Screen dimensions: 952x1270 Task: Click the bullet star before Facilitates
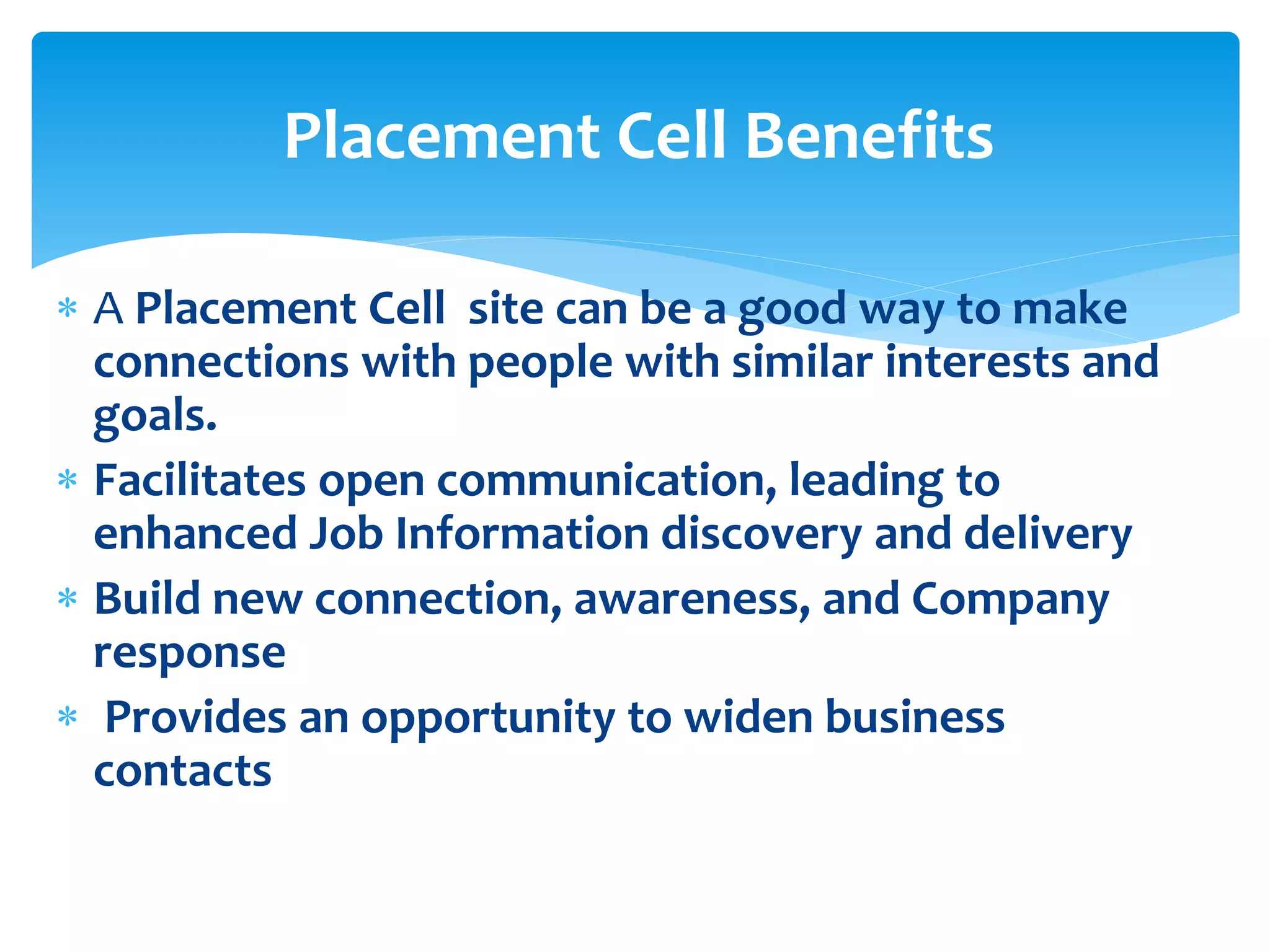67,480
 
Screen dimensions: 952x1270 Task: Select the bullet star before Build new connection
67,599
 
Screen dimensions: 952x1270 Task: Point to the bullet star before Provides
67,717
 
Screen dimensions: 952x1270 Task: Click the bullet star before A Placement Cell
67,308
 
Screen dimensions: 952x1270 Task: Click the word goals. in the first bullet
155,416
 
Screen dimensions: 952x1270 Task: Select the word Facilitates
200,481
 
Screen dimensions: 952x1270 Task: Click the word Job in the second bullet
346,534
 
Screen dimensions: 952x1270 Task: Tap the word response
189,654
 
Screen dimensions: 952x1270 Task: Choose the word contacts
182,771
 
